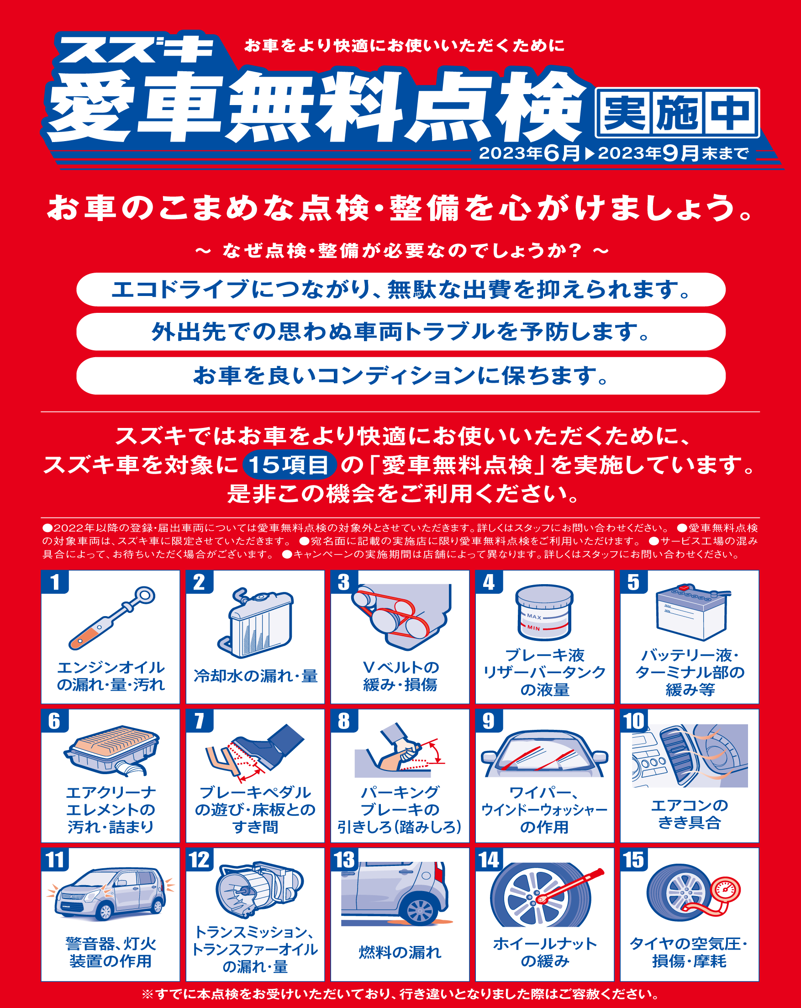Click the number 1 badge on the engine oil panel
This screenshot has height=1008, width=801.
tap(55, 582)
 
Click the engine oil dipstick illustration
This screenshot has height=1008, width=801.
tap(112, 618)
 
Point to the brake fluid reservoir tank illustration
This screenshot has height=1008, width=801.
tap(544, 612)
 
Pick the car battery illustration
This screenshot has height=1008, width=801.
tap(692, 612)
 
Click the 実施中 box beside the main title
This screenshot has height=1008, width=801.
tap(677, 113)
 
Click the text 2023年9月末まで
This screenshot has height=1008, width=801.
tap(673, 153)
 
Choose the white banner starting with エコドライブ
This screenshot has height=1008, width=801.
tap(401, 290)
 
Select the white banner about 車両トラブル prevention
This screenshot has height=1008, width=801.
tap(401, 332)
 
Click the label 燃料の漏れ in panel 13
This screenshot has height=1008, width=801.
tap(400, 952)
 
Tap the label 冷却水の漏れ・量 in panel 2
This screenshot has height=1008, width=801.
tap(255, 676)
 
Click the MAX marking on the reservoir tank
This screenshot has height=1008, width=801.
tap(534, 617)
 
